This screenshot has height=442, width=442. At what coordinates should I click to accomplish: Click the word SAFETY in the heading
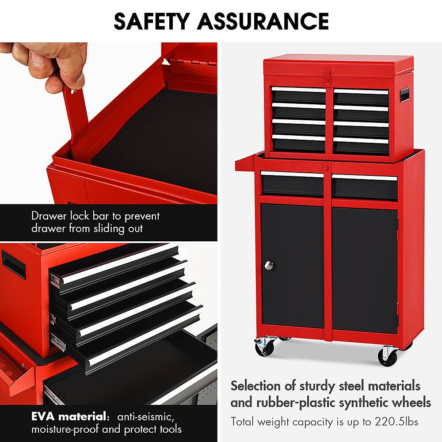tap(151, 21)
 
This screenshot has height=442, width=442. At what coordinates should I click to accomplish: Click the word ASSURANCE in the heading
tap(263, 21)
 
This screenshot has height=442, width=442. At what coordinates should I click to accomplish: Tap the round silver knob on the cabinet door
tap(269, 265)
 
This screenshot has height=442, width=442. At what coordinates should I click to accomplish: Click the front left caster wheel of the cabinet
tap(265, 347)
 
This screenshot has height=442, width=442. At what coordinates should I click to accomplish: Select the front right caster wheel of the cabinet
tap(388, 357)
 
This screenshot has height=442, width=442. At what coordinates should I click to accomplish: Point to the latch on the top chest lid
tap(327, 77)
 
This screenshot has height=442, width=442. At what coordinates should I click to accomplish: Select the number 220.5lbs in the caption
tap(396, 422)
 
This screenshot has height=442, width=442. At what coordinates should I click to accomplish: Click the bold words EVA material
tap(69, 416)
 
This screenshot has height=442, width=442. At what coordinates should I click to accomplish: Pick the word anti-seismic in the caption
tap(145, 417)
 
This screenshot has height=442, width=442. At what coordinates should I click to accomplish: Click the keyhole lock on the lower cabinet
tap(327, 169)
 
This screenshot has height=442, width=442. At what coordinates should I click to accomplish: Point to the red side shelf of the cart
tap(245, 164)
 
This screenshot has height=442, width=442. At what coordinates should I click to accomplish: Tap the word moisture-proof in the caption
tap(65, 429)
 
